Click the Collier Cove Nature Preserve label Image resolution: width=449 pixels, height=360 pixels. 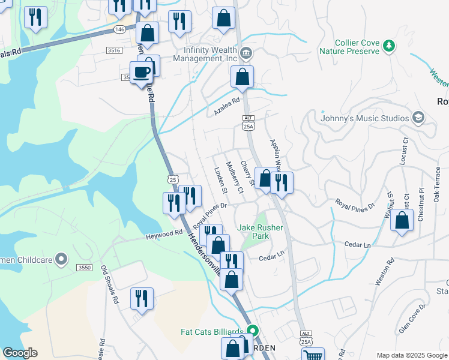tap(357, 47)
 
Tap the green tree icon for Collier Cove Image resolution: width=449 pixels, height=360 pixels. tap(390, 46)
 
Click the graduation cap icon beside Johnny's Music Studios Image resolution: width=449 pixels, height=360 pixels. tap(418, 118)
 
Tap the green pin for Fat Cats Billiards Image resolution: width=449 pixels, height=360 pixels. tap(253, 331)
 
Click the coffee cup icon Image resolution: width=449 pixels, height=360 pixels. tap(141, 73)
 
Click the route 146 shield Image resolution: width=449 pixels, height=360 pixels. tap(121, 29)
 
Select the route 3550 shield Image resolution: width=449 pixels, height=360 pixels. tap(85, 267)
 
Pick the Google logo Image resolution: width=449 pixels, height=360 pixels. tap(20, 353)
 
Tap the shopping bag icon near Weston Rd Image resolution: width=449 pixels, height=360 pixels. tap(402, 220)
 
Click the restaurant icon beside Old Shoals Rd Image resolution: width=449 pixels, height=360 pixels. tap(142, 298)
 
